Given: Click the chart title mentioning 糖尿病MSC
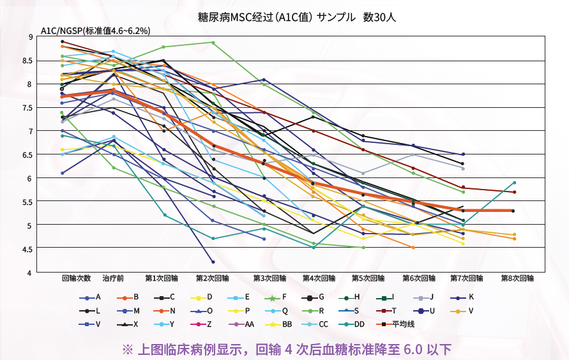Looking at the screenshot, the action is [296, 17].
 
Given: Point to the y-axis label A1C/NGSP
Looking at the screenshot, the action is [62, 31].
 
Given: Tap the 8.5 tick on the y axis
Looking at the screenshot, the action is [28, 61].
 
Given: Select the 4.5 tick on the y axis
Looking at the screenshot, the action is [28, 249].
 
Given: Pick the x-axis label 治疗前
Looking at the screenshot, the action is [113, 278].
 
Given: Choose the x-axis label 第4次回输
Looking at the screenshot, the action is [319, 278].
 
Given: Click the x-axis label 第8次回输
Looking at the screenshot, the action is [517, 278].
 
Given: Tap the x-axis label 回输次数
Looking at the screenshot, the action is [76, 278].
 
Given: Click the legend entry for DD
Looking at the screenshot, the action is [351, 324].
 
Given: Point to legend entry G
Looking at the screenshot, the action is [313, 297].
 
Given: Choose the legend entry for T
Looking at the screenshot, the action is [387, 311].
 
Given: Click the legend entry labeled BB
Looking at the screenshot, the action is [278, 324].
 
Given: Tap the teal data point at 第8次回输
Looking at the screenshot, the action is [515, 183].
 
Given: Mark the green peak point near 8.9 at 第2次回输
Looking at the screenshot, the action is [213, 42].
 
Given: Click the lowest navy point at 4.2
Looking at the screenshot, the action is [213, 262].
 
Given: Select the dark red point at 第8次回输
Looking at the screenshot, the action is [515, 192].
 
